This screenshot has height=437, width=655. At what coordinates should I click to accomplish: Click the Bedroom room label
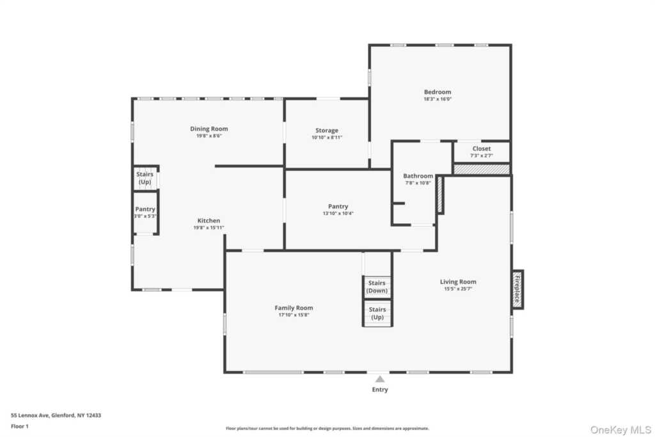438,92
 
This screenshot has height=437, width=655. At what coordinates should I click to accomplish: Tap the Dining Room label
209,129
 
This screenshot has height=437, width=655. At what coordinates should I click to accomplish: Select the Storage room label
327,131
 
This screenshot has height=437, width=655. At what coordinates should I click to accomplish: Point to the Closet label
482,148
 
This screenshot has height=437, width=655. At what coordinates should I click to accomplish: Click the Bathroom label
418,176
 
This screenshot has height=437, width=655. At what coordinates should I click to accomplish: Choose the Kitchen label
209,221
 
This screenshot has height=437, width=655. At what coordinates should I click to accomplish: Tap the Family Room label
294,308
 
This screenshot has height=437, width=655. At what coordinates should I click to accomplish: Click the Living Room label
458,282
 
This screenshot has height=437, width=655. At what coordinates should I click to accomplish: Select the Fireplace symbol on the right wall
517,290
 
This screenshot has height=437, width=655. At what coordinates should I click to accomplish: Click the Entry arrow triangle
380,379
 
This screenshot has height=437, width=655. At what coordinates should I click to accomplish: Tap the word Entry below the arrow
380,390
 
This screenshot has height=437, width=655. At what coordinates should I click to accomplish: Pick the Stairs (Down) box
377,287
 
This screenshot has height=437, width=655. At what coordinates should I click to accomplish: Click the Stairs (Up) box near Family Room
377,314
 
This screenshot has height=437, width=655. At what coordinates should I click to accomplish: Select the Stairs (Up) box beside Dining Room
145,178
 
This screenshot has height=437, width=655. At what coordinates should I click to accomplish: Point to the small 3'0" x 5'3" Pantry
145,212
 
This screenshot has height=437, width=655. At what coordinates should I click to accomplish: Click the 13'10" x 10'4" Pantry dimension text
338,214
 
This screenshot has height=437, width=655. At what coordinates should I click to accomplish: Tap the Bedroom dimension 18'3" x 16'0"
438,99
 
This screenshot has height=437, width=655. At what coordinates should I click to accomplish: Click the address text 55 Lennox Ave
29,415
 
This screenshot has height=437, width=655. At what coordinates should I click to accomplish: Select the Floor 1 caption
20,426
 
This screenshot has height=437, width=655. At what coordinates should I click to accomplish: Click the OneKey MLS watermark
620,430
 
